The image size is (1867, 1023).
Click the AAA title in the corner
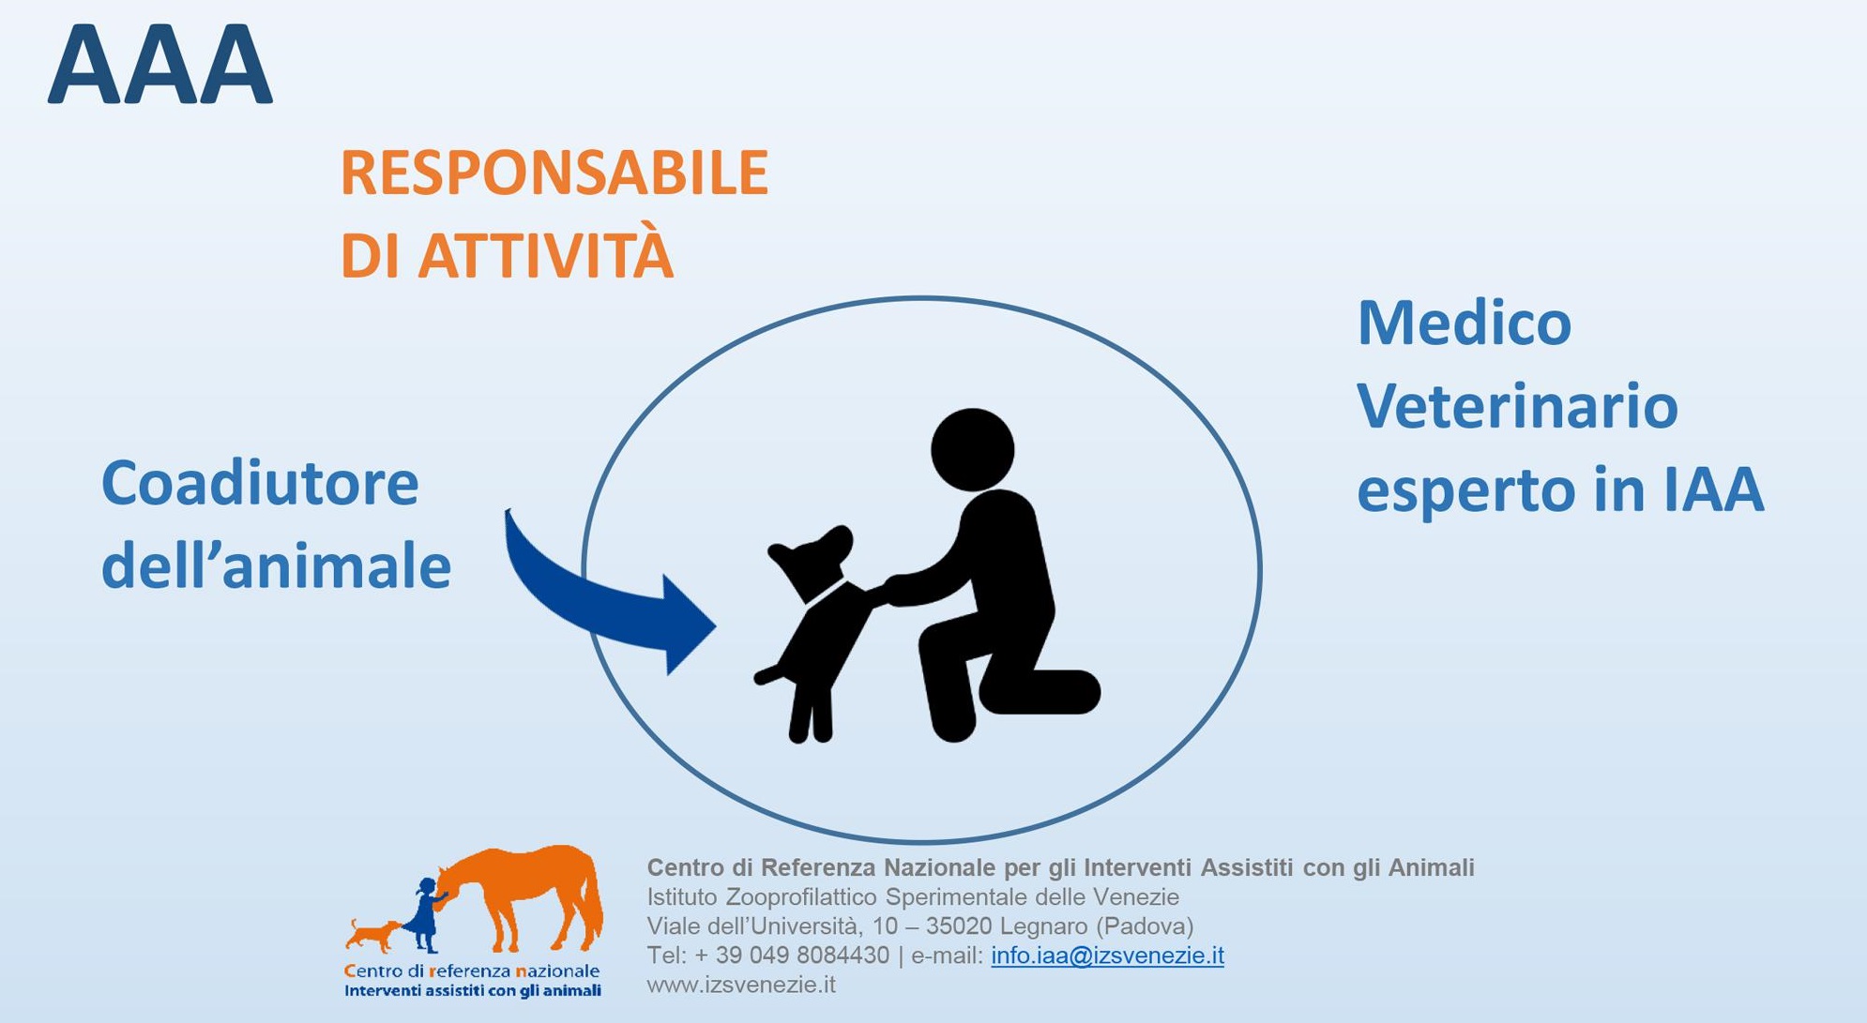click(x=160, y=65)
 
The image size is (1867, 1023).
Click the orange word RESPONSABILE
click(x=554, y=173)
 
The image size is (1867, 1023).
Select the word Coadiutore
click(x=260, y=484)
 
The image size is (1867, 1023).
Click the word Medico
click(x=1465, y=323)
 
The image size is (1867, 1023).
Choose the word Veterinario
click(x=1517, y=406)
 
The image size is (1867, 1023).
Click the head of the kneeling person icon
click(x=972, y=449)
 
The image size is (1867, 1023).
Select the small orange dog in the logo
click(x=372, y=934)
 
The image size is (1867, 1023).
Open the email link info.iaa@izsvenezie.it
click(x=1107, y=955)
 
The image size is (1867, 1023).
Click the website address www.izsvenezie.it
click(x=741, y=985)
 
